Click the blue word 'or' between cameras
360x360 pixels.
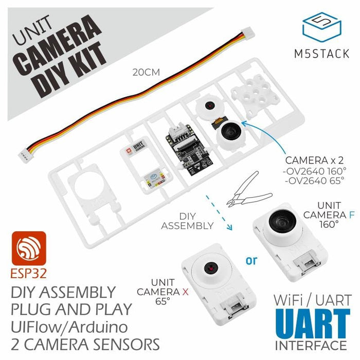pyautogui.click(x=251, y=260)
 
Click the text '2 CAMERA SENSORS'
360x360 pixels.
pyautogui.click(x=85, y=343)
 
